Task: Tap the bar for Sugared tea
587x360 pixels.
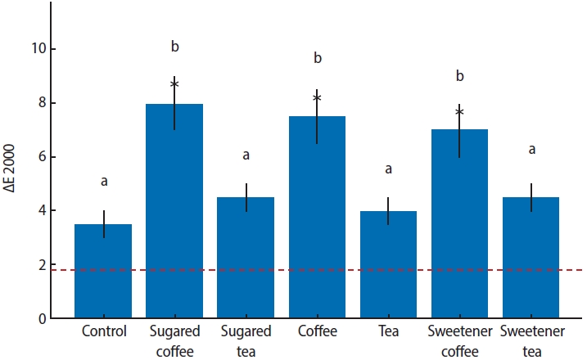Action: click(246, 258)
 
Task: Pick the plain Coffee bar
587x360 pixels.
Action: click(317, 218)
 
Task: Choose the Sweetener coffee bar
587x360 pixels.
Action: click(459, 224)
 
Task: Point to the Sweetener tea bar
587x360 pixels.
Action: click(531, 258)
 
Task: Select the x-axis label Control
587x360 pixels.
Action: click(103, 332)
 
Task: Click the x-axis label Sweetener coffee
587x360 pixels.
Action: click(459, 340)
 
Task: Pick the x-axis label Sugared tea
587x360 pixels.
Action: click(246, 340)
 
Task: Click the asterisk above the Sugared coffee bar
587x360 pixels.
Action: click(174, 84)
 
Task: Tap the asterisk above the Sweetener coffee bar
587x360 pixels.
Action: click(459, 112)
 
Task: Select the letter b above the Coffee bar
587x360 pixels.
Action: click(317, 59)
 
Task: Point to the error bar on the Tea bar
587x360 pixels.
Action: click(388, 210)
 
